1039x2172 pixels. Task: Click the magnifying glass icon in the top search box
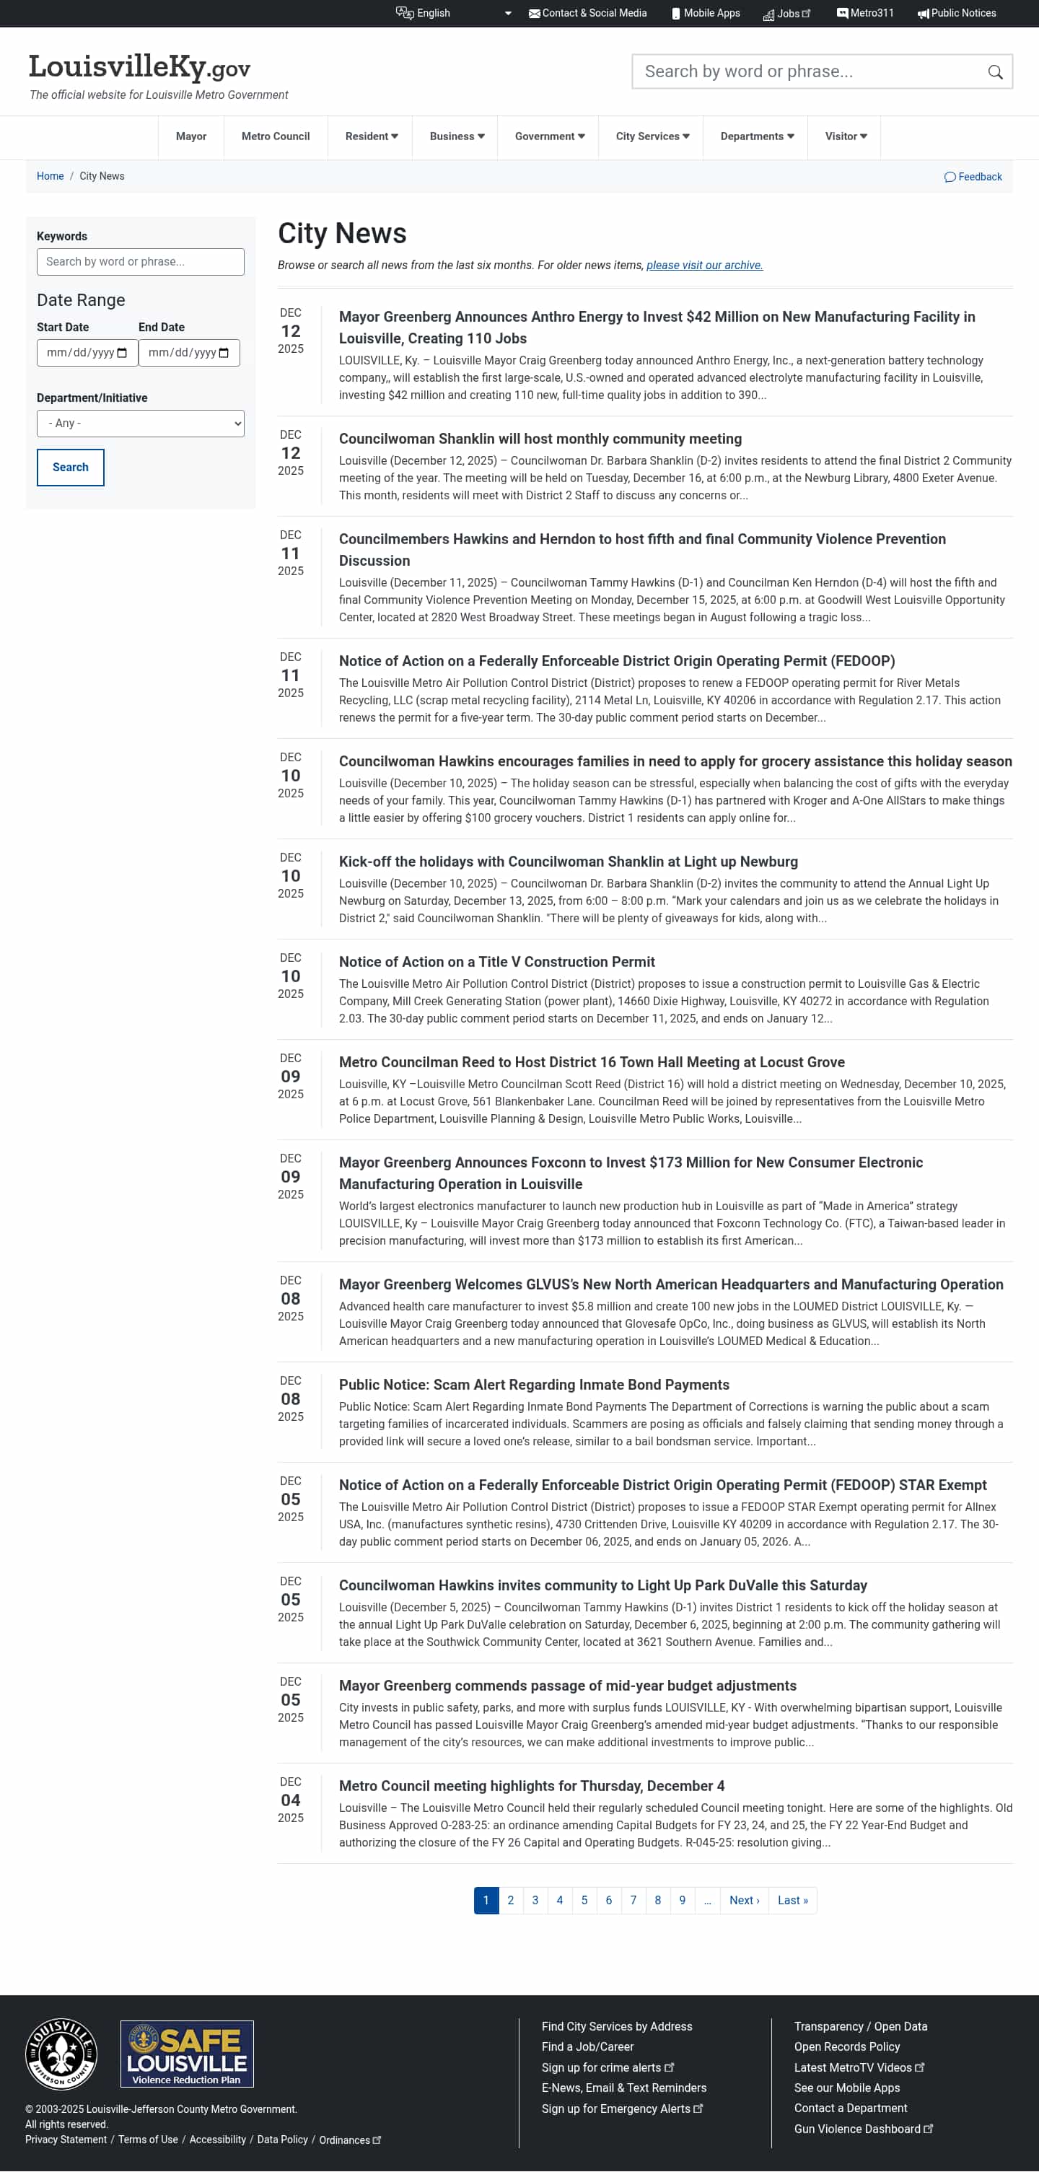[x=995, y=72]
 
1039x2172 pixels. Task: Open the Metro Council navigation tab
[x=275, y=136]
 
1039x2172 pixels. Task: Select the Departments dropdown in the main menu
[x=756, y=136]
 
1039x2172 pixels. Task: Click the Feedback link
[x=973, y=177]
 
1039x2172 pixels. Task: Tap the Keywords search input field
[x=140, y=262]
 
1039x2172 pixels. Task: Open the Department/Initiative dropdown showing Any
[x=140, y=424]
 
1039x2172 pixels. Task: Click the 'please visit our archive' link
[x=704, y=266]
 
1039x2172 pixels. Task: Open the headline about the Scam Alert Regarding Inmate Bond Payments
[x=534, y=1385]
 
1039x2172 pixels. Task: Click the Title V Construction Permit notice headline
[x=496, y=962]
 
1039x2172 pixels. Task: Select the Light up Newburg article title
[x=568, y=862]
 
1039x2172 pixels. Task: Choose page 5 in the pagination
[x=584, y=1901]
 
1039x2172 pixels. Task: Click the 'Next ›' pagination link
[x=744, y=1901]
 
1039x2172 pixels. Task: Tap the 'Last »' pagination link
[x=792, y=1901]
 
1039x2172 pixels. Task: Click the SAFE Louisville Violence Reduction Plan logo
[x=186, y=2054]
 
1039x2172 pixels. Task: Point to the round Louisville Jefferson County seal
[x=61, y=2054]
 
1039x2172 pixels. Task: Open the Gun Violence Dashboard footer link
[x=857, y=2129]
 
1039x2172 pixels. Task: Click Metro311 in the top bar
[x=865, y=14]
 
